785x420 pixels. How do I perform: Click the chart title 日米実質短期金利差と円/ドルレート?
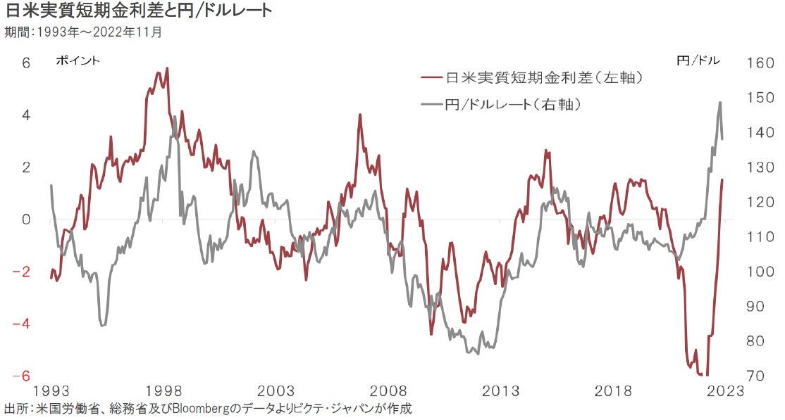(x=138, y=11)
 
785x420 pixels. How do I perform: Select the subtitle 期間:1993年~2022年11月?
(x=87, y=32)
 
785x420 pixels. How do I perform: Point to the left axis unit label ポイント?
(x=78, y=61)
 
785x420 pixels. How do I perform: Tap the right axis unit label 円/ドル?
(x=698, y=61)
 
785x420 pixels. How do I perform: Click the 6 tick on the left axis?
(x=25, y=63)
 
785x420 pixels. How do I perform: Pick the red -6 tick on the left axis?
(x=23, y=376)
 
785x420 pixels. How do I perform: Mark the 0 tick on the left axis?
(x=25, y=219)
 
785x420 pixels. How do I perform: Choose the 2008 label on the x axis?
(x=388, y=391)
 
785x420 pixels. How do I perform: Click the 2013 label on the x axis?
(x=500, y=391)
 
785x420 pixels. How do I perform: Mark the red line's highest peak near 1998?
(x=167, y=68)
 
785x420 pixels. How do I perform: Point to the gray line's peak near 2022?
(x=719, y=103)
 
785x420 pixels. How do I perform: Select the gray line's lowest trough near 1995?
(x=103, y=325)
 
